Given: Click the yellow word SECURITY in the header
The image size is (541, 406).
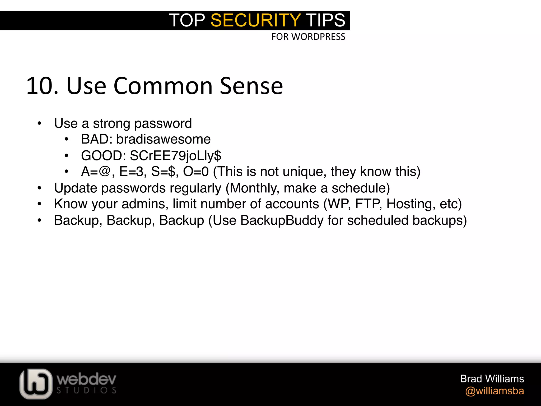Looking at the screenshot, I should pos(255,20).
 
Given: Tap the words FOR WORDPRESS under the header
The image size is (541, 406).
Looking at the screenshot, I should pos(308,37).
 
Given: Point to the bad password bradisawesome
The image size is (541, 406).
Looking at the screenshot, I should pos(163,139).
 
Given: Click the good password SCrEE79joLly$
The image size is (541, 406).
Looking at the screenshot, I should pos(175,155).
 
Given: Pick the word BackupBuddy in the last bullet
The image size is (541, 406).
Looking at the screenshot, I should pos(282,220).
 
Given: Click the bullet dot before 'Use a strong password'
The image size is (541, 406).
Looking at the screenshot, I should pos(40,124).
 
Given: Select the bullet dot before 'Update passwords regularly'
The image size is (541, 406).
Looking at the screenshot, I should pos(40,188).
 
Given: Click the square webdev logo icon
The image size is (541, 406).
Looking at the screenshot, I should pos(36,384).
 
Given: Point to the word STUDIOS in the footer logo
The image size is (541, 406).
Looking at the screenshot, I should pos(86,390).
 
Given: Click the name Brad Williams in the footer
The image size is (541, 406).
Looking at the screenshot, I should pos(492,379).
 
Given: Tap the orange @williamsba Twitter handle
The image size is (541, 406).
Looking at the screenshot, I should pos(495,391).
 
